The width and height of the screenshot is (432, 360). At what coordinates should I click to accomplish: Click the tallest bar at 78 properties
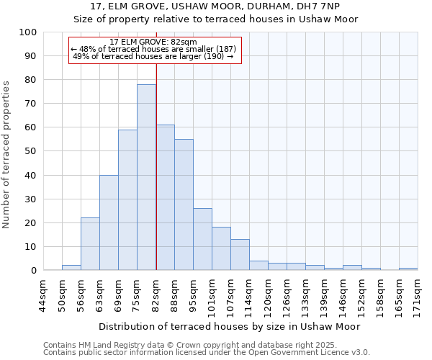146,177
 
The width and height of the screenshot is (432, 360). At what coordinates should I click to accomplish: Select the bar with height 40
109,222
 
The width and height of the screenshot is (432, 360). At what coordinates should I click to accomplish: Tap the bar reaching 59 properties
127,199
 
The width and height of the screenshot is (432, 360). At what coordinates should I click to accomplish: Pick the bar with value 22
90,243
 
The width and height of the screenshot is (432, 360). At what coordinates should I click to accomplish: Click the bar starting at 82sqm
165,197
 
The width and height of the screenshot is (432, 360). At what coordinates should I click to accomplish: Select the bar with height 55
184,204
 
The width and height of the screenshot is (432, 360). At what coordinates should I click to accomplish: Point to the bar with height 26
202,239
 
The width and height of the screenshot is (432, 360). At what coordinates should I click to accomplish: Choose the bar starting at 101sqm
221,248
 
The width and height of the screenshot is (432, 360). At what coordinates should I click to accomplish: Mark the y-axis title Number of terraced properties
6,154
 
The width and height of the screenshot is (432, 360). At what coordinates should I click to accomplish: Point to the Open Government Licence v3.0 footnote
207,353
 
